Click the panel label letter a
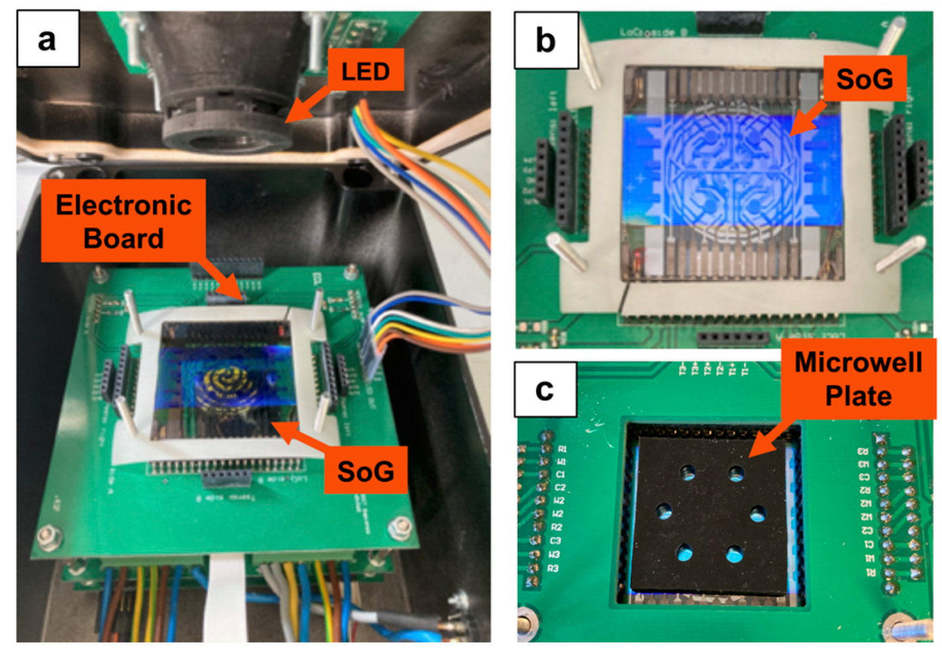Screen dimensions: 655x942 point(47,39)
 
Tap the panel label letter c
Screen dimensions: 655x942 point(545,390)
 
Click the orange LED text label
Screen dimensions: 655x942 point(365,71)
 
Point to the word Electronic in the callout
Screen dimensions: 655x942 point(124,205)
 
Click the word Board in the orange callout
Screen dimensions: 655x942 point(124,238)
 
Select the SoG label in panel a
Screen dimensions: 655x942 point(365,471)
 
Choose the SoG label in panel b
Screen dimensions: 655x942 point(864,79)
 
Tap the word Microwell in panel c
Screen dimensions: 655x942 point(858,362)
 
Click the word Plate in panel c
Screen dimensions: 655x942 point(858,396)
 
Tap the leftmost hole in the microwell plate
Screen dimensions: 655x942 point(664,511)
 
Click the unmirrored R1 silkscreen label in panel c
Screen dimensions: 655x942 point(562,449)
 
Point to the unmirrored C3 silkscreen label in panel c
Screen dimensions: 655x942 point(555,541)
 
